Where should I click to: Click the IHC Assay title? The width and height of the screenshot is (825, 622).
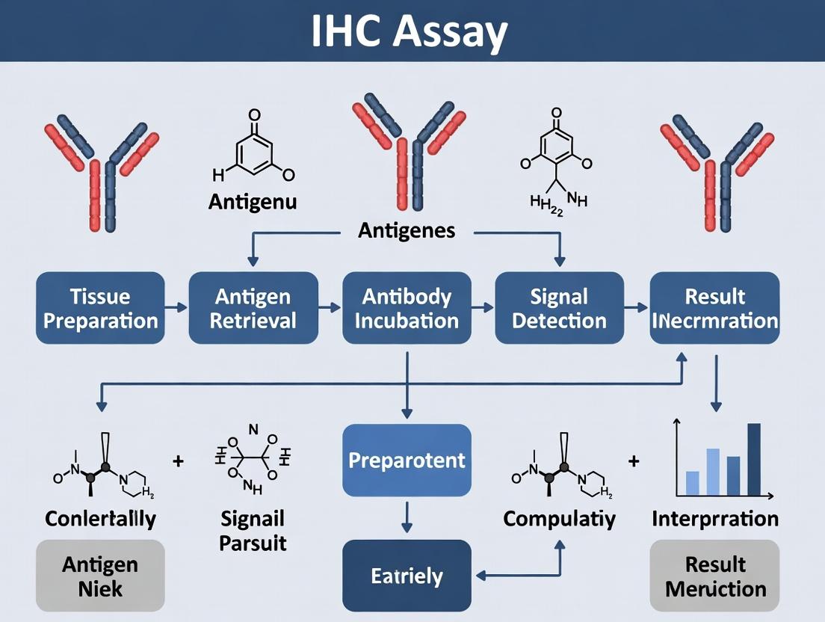tap(412, 33)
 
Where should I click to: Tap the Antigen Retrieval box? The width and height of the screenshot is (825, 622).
tap(253, 308)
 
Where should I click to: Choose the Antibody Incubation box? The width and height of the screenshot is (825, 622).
tap(407, 308)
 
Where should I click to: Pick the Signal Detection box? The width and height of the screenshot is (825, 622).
tap(559, 308)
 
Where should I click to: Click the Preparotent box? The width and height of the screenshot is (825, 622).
tap(407, 460)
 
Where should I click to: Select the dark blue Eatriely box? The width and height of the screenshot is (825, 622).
tap(407, 576)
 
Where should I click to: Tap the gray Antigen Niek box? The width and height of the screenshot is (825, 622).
tap(99, 576)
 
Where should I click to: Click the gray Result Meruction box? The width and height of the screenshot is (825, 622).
tap(715, 576)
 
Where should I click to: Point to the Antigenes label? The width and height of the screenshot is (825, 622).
tap(407, 230)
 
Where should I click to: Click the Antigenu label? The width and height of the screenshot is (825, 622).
tap(253, 202)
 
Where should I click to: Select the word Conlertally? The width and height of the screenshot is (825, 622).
tap(100, 518)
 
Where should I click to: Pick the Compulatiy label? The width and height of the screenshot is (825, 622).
tap(559, 518)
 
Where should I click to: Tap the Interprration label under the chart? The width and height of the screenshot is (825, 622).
tap(715, 518)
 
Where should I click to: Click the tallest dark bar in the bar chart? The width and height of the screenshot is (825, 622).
tap(753, 460)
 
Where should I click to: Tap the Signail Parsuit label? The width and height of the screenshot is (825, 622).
tap(253, 529)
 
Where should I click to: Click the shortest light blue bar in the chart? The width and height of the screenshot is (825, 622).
tap(692, 483)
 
